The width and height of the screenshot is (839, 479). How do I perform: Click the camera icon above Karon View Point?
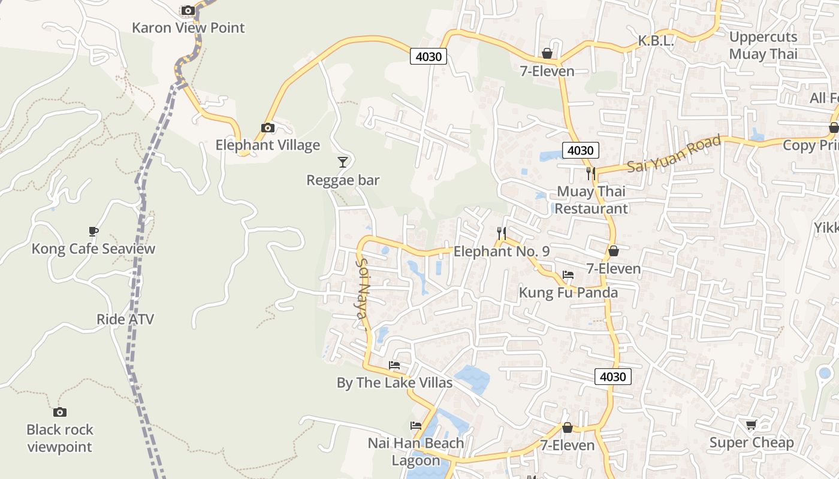click(188, 11)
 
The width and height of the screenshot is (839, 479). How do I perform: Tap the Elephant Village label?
click(267, 145)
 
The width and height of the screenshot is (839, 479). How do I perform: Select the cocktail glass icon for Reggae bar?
click(342, 162)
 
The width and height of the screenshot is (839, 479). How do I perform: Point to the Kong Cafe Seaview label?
click(93, 249)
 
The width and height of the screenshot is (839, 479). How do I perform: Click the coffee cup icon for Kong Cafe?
click(93, 231)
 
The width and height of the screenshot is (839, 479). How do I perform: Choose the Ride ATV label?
click(125, 319)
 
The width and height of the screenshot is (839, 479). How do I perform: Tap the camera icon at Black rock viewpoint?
click(59, 412)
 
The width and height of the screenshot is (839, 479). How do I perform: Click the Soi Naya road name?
click(363, 293)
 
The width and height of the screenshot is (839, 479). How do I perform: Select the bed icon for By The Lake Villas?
click(394, 365)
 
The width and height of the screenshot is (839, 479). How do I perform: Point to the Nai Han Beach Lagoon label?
click(416, 451)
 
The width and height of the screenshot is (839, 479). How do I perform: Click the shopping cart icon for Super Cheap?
click(751, 425)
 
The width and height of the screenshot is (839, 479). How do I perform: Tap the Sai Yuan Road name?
click(674, 154)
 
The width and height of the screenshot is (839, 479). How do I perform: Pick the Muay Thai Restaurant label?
click(591, 200)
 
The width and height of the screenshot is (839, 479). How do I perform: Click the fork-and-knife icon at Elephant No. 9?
click(502, 233)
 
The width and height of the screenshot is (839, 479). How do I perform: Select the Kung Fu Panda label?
click(568, 293)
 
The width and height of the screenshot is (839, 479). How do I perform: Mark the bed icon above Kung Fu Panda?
click(568, 275)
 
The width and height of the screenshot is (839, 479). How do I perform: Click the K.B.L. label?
click(656, 41)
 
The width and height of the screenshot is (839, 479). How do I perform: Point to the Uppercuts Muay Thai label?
click(763, 46)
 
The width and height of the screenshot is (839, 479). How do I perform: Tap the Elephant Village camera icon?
click(268, 128)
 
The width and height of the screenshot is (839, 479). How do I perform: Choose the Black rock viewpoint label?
click(60, 438)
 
